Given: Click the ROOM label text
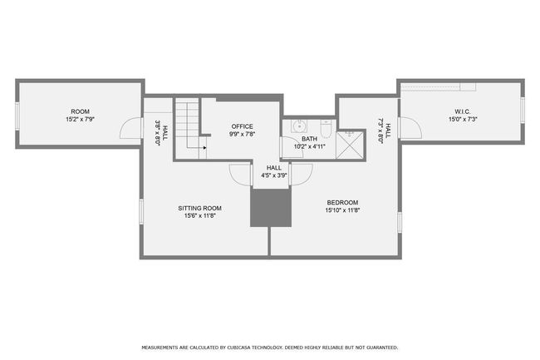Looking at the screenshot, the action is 81,111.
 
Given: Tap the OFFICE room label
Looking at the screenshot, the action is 242,126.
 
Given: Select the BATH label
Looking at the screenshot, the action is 309,139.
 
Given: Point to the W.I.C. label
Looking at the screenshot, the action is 463,111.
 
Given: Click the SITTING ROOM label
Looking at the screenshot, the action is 199,208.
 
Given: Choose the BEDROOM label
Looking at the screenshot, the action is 342,203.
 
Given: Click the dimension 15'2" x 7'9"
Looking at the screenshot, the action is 81,120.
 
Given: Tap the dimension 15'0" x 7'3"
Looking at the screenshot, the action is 463,120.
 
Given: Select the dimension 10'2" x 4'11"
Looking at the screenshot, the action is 309,146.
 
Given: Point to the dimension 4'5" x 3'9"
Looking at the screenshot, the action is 274,175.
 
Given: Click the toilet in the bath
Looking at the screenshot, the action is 326,128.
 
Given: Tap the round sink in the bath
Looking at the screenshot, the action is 299,126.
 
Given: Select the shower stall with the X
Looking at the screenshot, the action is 350,145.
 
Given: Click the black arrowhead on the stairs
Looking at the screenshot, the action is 204,148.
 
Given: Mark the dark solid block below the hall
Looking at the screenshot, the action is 271,208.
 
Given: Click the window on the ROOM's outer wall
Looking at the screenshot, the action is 17,116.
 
